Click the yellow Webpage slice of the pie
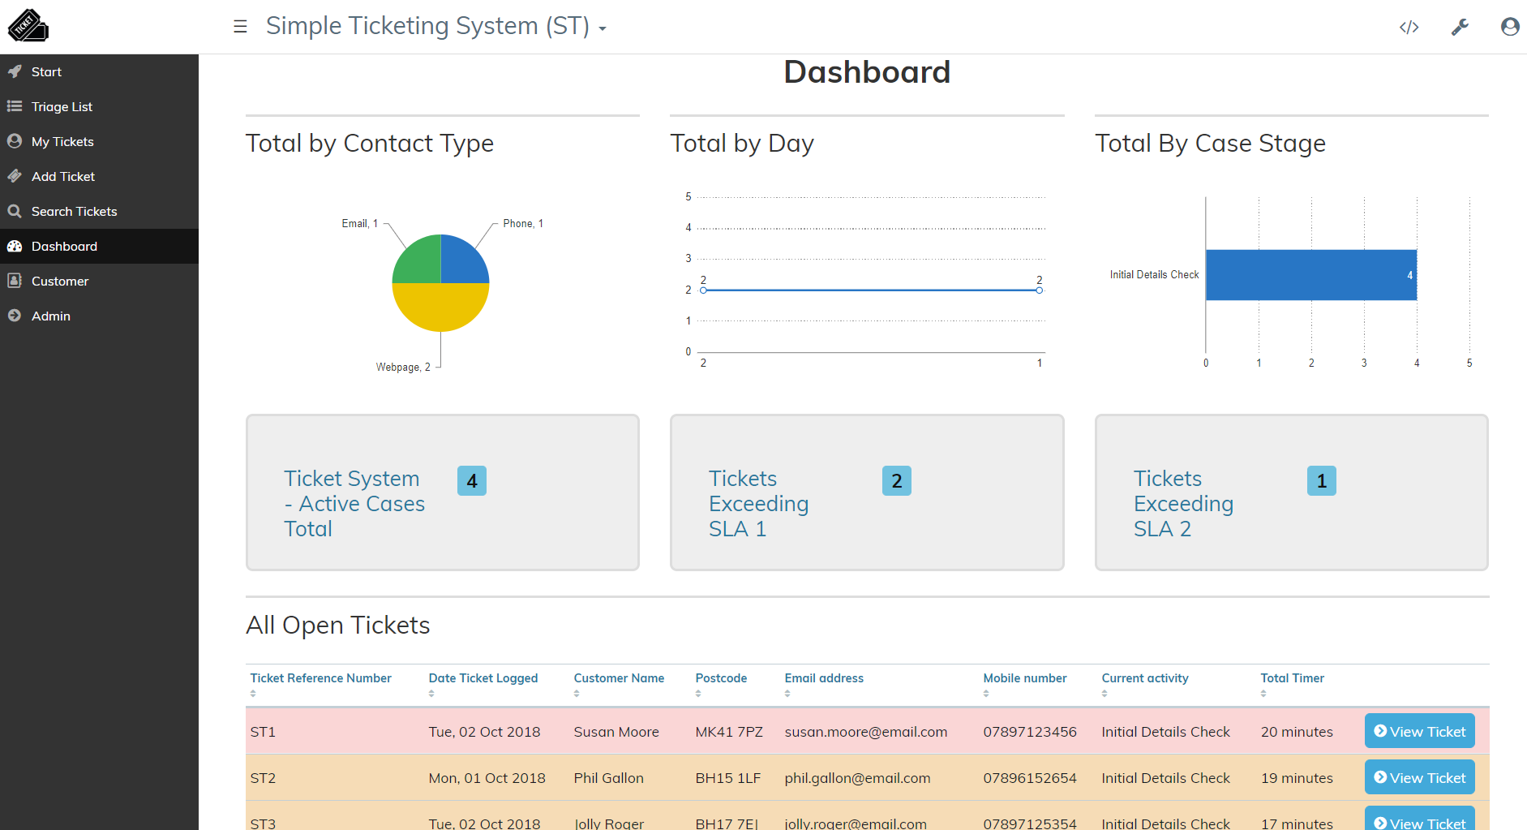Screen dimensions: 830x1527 (x=440, y=308)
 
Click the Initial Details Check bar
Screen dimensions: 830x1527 (x=1310, y=275)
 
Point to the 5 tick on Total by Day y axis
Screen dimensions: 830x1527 (x=688, y=197)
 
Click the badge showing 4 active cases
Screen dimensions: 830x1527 (x=471, y=481)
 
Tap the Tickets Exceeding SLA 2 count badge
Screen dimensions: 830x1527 (x=1321, y=481)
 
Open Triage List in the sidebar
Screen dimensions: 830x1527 (x=62, y=107)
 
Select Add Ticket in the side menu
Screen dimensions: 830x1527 (x=62, y=177)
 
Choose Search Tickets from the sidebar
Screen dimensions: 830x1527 (x=74, y=212)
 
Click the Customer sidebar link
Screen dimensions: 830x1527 (x=59, y=282)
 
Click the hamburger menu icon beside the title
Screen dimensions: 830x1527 (x=240, y=27)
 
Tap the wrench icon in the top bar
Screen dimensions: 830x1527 (x=1460, y=28)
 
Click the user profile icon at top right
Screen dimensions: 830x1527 (x=1509, y=28)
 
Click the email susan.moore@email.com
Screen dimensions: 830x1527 (x=865, y=732)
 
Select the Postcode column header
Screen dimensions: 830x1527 (x=721, y=678)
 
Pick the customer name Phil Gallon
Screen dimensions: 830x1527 (x=608, y=778)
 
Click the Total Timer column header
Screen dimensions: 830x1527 (x=1292, y=678)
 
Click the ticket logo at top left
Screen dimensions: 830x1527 (x=28, y=26)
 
